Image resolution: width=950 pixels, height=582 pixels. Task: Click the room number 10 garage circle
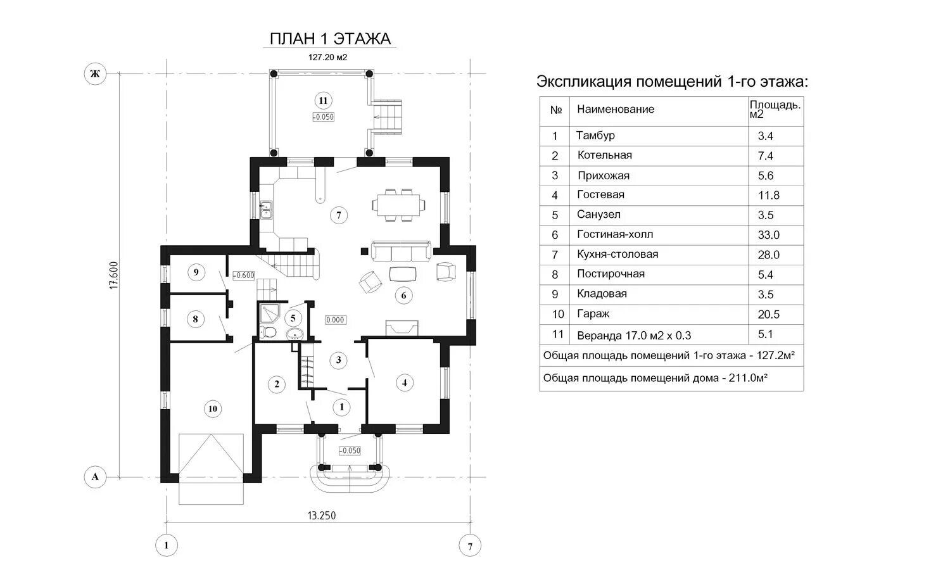[x=213, y=408]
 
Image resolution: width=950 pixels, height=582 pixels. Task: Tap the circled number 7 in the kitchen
[x=339, y=215]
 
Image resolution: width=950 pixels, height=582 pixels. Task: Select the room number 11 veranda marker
[x=323, y=101]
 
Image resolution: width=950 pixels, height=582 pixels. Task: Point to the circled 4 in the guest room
[x=404, y=382]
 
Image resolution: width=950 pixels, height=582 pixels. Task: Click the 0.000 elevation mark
[x=335, y=320]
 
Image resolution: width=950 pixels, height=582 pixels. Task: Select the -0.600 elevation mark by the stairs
[x=244, y=275]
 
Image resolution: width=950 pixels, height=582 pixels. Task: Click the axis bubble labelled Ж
[x=95, y=74]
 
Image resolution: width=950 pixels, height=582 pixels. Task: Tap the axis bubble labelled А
[x=95, y=477]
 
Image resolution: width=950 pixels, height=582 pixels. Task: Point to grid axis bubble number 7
[x=470, y=545]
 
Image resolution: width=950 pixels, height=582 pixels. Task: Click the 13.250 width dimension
[x=322, y=516]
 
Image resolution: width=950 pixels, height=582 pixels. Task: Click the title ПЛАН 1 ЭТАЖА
[x=330, y=39]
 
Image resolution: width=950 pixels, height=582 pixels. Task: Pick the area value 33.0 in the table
[x=768, y=235]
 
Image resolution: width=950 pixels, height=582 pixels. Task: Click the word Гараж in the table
[x=593, y=313]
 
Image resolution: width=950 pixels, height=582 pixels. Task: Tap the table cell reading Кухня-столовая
[x=617, y=254]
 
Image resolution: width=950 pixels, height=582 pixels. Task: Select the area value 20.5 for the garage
[x=768, y=314]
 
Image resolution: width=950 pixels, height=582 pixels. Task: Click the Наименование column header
[x=615, y=110]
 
